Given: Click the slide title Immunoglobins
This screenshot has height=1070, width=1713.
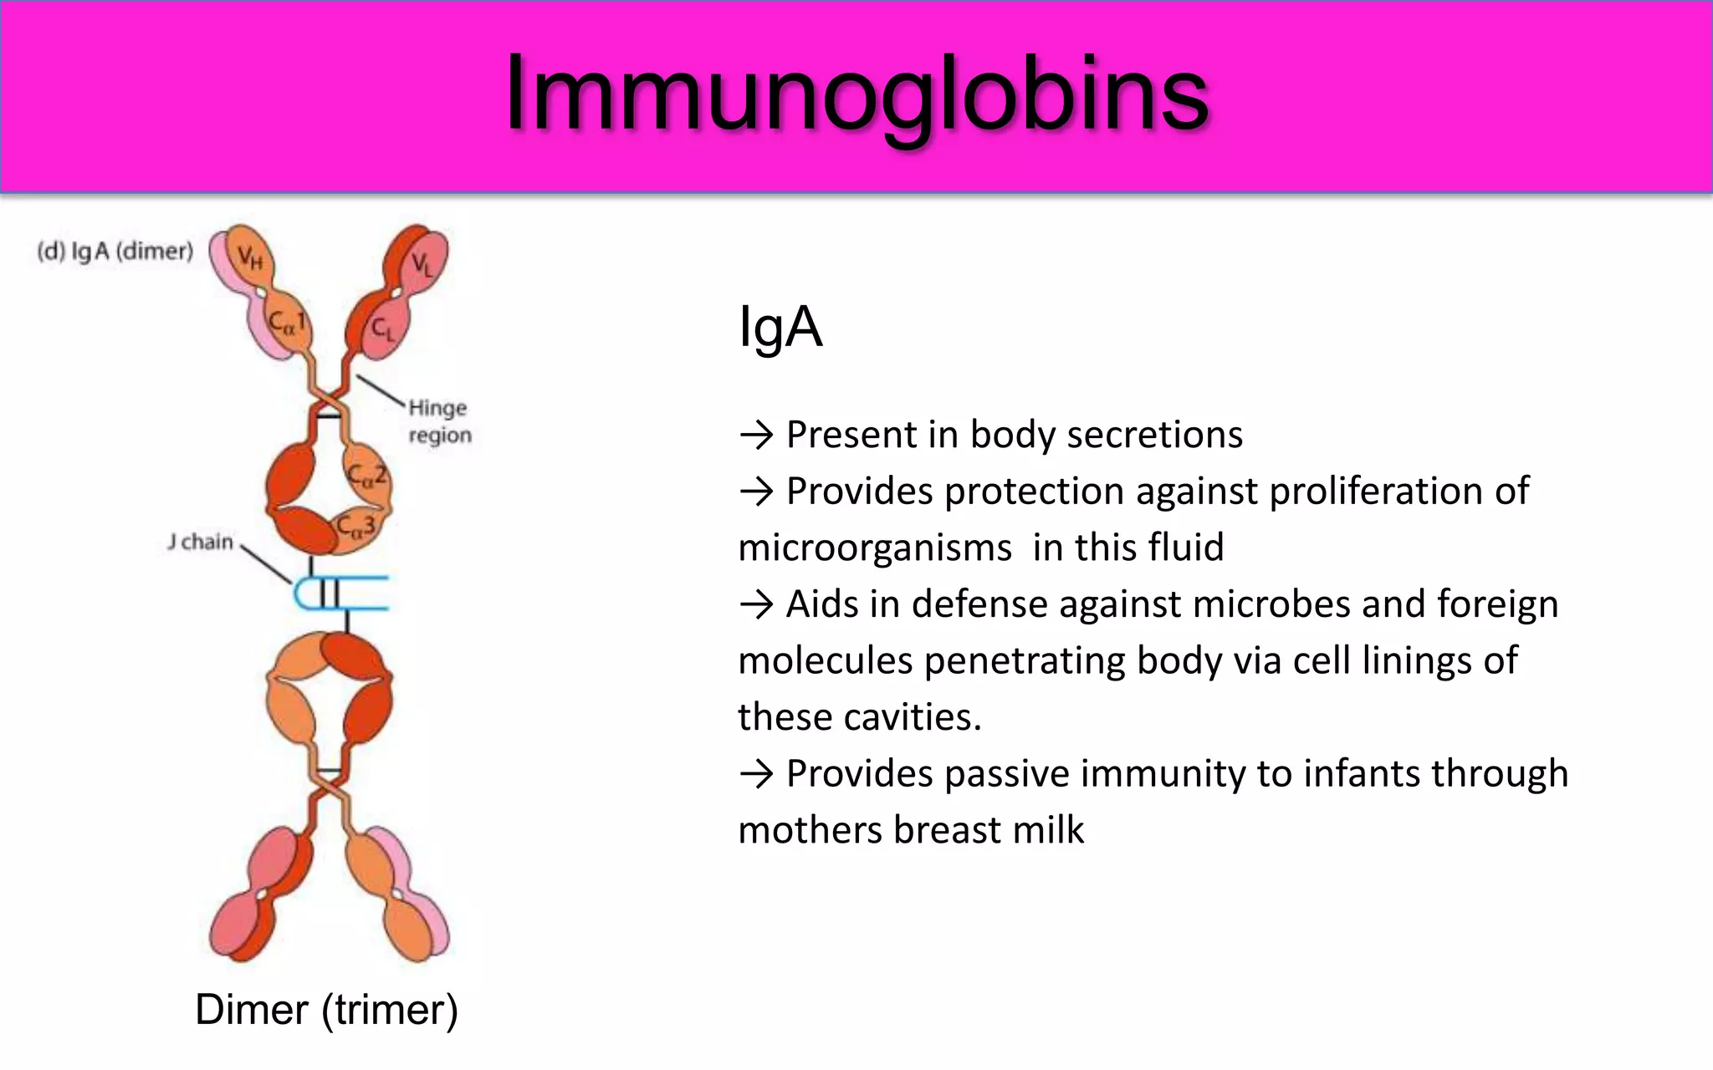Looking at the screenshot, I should point(856,94).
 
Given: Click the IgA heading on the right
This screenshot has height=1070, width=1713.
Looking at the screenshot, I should point(780,327).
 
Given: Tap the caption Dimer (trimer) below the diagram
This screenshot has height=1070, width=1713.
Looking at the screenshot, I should point(326,1010).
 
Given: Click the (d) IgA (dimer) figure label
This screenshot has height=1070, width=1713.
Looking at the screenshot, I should point(115,251).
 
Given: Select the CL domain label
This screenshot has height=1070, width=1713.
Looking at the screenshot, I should point(382,329).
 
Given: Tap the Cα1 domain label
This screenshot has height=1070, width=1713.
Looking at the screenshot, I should point(286,322).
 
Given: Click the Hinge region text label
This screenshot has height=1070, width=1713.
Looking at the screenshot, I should point(439,421).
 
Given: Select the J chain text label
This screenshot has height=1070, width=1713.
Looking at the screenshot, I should point(200,542).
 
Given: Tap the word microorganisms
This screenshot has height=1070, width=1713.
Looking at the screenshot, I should point(875,548).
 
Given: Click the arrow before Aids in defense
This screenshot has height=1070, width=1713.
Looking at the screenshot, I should point(757,604).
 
